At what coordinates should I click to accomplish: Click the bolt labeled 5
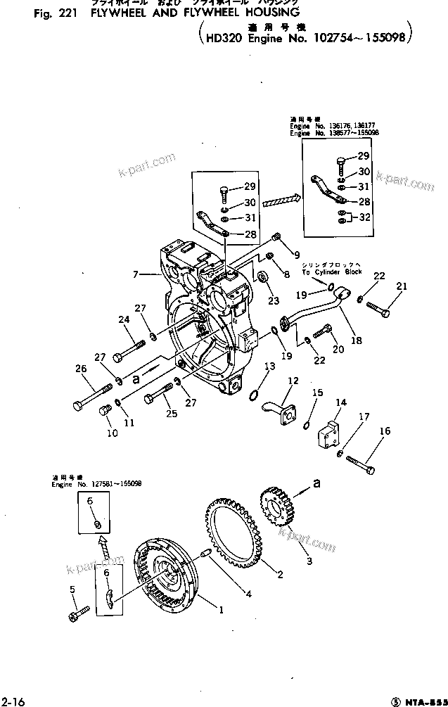(x=78, y=613)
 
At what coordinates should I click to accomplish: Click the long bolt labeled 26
(x=91, y=394)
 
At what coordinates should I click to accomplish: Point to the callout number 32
(x=364, y=217)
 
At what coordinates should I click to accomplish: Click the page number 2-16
(x=11, y=700)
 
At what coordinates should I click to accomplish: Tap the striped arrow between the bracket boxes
(x=281, y=200)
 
